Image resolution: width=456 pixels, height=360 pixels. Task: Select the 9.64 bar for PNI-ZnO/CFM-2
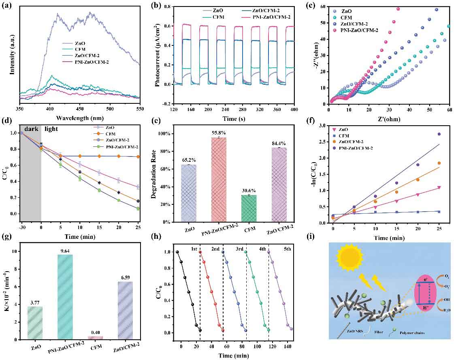click(x=66, y=297)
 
